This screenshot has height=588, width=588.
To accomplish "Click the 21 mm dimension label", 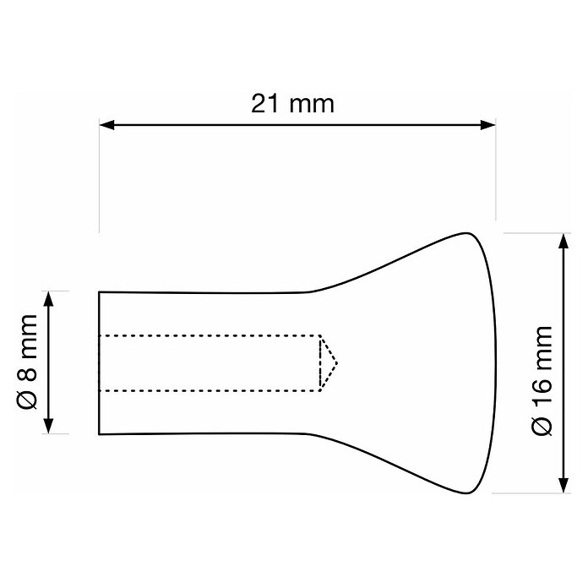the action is pos(292,104).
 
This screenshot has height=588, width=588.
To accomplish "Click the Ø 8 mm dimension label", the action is pos(27,362).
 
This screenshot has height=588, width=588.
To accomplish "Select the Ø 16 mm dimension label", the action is pos(542,381).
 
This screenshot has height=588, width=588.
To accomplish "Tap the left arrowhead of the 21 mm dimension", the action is pos(107,125).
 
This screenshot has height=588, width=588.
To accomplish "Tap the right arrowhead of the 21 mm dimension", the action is pos(487,125).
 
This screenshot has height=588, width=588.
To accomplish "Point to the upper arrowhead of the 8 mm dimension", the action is pos(48,299).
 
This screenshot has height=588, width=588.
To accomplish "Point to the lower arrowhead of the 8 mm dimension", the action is pos(48,426).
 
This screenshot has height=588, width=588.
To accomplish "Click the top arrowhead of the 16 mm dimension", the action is pos(563,241).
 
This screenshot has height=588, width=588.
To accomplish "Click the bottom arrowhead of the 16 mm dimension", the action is pos(563,485).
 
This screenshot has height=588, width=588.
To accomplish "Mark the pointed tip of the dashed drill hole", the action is pos(337,363).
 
